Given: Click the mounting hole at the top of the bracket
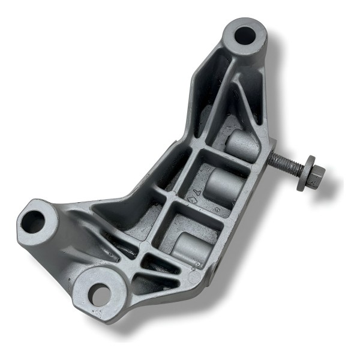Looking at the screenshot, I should pos(244,35).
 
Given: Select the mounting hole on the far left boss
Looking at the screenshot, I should pos(33,222).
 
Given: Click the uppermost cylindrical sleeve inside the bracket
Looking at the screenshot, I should pos(242,145).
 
